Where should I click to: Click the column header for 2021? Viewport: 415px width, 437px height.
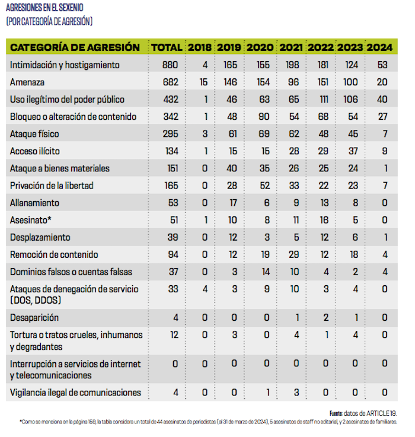[x=291, y=47]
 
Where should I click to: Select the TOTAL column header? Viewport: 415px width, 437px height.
[x=167, y=47]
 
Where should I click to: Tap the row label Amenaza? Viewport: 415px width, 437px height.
[x=28, y=82]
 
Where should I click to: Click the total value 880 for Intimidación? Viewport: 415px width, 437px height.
[x=170, y=65]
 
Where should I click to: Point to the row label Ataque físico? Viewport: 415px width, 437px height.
[x=35, y=134]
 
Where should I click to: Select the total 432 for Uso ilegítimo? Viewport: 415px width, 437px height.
[x=170, y=100]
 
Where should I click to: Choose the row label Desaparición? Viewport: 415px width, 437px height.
[x=35, y=317]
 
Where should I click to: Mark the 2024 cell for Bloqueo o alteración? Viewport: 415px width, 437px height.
[x=384, y=117]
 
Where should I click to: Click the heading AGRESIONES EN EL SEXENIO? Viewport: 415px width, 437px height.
[x=44, y=8]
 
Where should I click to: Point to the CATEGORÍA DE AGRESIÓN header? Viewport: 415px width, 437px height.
[x=75, y=47]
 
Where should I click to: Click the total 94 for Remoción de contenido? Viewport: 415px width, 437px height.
[x=172, y=254]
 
